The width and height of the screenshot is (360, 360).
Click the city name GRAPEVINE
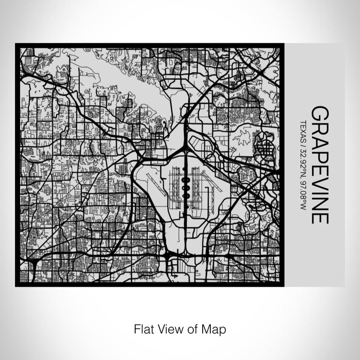[319, 165]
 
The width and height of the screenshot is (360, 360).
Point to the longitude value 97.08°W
[304, 191]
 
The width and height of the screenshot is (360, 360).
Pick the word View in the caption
[168, 328]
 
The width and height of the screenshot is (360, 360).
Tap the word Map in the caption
[215, 328]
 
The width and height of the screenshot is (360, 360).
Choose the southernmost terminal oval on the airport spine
[185, 196]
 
